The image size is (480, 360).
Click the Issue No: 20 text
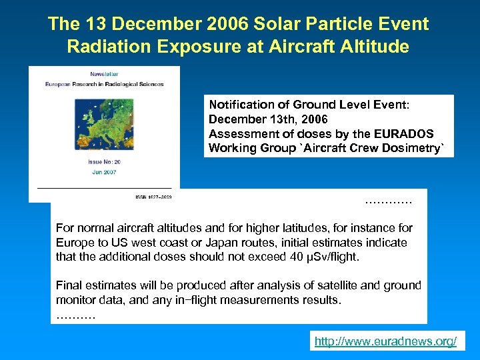pyautogui.click(x=104, y=162)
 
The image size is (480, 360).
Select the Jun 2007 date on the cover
pyautogui.click(x=104, y=172)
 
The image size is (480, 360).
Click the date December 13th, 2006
pyautogui.click(x=268, y=119)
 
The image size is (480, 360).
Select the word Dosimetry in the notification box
pyautogui.click(x=414, y=148)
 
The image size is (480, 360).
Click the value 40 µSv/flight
pyautogui.click(x=325, y=257)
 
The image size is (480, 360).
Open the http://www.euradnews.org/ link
pyautogui.click(x=385, y=342)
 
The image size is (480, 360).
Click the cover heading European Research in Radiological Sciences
pyautogui.click(x=104, y=84)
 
